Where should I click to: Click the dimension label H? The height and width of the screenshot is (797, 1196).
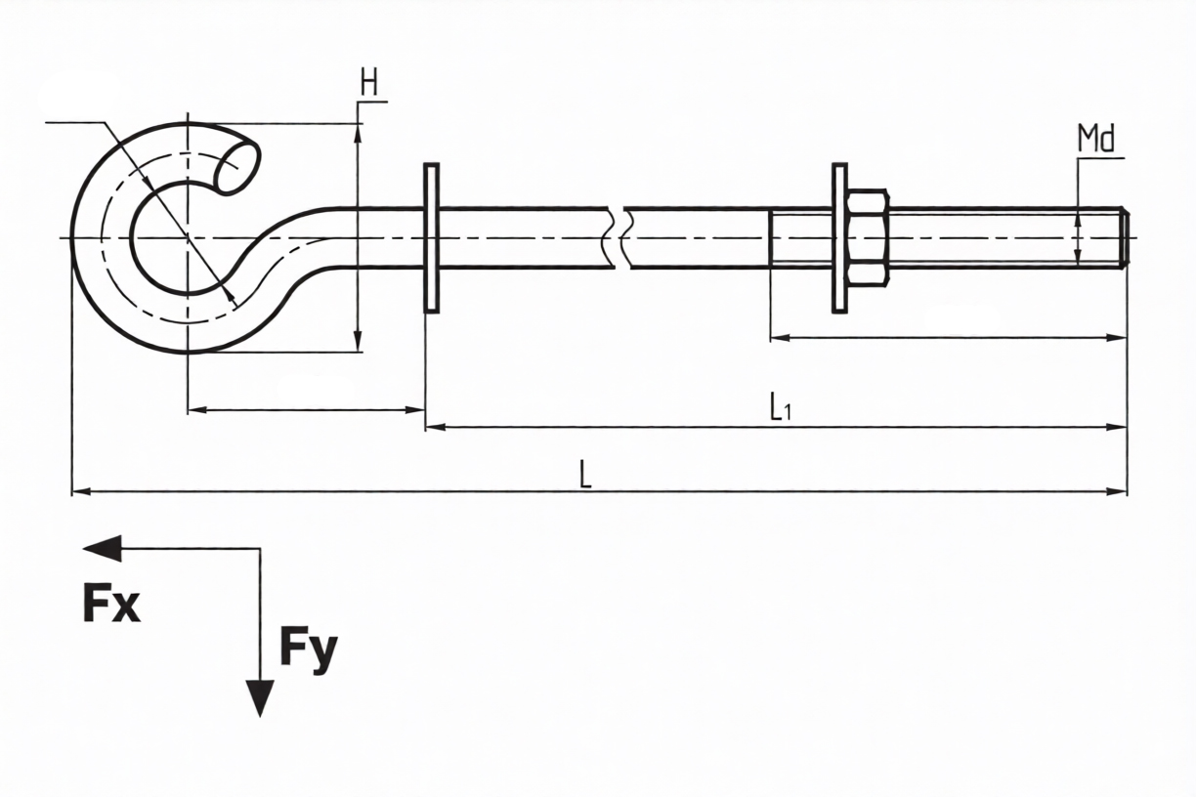[368, 84]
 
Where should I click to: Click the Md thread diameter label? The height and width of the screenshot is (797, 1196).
[1096, 140]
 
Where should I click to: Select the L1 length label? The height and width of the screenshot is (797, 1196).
[779, 406]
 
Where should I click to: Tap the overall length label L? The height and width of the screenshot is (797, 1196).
[584, 475]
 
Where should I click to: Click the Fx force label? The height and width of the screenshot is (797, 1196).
[111, 606]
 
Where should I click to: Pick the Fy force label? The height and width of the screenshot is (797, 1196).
[309, 649]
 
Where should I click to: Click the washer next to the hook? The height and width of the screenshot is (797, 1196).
[431, 237]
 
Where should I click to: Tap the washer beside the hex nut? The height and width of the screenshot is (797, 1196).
[839, 237]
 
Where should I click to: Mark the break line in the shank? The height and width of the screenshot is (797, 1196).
[619, 237]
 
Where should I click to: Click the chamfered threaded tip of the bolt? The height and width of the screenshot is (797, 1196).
[1124, 237]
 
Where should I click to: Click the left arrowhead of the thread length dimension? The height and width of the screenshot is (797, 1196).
[780, 338]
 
